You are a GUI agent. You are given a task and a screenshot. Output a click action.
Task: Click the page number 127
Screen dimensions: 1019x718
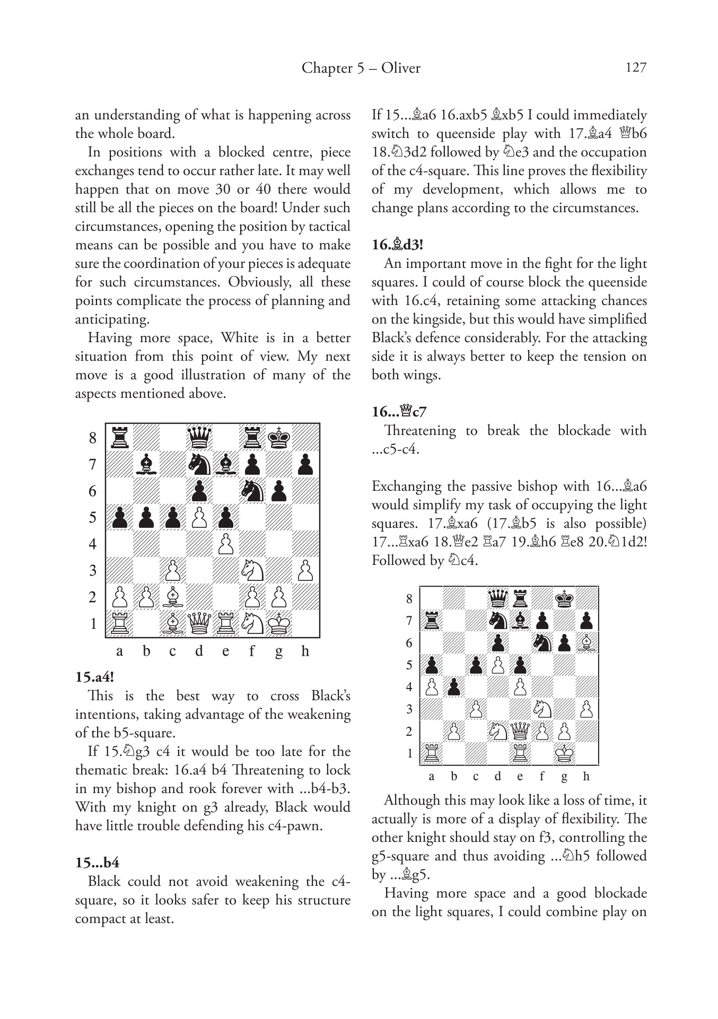636,67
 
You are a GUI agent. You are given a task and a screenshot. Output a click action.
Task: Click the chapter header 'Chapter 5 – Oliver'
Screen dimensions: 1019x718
361,68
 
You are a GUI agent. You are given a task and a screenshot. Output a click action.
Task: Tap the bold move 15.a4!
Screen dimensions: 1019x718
94,677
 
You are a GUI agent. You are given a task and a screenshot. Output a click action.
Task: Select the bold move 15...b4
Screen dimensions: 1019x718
97,863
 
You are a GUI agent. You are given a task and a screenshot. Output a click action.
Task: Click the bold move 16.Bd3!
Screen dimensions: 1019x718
397,245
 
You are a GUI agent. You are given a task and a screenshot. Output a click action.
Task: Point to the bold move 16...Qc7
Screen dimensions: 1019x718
399,412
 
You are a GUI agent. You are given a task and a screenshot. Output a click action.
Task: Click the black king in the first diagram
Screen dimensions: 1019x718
279,438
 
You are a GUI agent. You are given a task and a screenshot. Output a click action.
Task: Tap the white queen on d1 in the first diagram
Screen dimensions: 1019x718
199,623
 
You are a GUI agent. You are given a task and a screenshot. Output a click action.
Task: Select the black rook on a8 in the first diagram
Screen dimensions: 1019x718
120,438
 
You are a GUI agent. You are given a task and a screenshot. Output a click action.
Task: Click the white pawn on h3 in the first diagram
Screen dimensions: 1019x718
305,570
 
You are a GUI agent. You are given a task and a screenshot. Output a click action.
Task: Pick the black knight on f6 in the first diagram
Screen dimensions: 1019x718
252,491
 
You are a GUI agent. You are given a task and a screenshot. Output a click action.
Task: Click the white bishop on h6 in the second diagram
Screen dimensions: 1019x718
586,643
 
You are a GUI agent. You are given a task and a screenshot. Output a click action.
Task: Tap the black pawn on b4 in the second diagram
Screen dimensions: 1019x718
453,687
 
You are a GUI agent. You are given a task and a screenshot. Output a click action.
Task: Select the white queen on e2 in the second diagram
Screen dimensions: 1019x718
520,731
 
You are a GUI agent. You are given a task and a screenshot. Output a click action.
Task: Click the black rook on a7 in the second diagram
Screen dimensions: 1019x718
432,621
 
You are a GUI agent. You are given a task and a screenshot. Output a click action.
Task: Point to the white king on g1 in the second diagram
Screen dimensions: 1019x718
564,754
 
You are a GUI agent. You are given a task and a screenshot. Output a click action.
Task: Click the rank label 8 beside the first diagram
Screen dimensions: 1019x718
93,438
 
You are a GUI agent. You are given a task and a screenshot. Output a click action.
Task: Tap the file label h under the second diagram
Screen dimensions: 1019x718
586,777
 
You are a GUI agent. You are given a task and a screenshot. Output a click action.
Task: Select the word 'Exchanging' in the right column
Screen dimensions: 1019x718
405,486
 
